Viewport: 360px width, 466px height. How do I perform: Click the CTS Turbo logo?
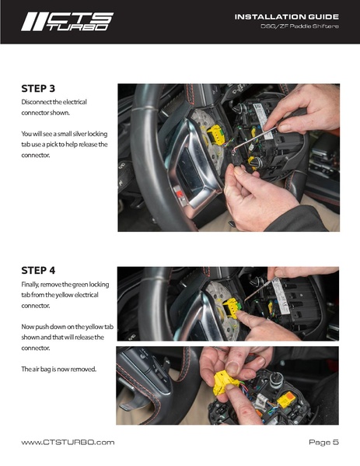(67, 22)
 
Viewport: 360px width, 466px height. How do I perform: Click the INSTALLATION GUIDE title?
(287, 17)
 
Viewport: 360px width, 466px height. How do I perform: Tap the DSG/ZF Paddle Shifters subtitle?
(299, 26)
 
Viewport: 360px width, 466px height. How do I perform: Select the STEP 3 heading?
(38, 89)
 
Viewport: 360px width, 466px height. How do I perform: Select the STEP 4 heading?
(38, 271)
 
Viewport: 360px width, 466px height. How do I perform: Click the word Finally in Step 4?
(30, 285)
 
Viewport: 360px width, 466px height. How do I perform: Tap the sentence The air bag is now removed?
(59, 369)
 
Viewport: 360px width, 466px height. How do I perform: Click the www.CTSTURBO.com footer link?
(68, 442)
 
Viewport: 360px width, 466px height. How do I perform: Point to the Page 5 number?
(323, 442)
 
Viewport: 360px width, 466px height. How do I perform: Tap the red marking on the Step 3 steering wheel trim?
(180, 194)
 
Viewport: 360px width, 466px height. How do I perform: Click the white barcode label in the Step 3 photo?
(263, 122)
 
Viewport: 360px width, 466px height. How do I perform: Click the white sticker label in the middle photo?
(280, 296)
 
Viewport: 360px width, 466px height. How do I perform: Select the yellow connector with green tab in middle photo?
(231, 307)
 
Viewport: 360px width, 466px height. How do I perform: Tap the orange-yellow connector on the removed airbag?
(285, 400)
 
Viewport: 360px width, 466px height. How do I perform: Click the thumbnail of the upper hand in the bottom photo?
(232, 368)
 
